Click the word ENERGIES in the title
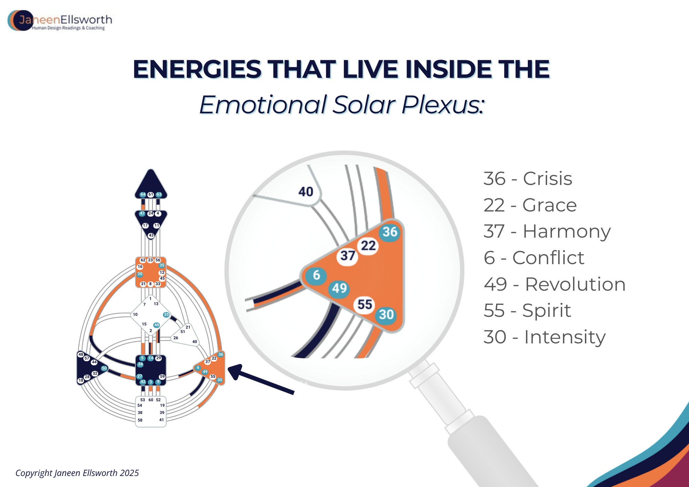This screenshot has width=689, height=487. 197,69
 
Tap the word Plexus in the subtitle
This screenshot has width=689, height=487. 443,105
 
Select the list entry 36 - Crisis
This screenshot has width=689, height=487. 528,179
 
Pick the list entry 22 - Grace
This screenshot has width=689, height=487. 530,205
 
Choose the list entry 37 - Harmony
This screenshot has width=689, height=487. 547,232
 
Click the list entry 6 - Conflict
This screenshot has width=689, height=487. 534,258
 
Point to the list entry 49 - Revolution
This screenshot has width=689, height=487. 555,284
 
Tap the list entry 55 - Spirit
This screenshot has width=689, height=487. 527,311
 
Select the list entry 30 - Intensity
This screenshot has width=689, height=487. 545,337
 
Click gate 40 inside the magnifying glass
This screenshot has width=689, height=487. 306,191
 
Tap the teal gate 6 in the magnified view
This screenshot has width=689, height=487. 316,275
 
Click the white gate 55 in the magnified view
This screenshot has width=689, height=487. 365,304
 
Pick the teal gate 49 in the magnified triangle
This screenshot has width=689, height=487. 339,288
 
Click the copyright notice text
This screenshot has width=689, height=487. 77,473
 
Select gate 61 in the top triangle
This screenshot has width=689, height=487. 151,195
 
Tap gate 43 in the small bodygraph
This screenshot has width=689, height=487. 151,236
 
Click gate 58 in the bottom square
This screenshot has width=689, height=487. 140,420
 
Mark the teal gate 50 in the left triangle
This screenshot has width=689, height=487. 104,368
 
